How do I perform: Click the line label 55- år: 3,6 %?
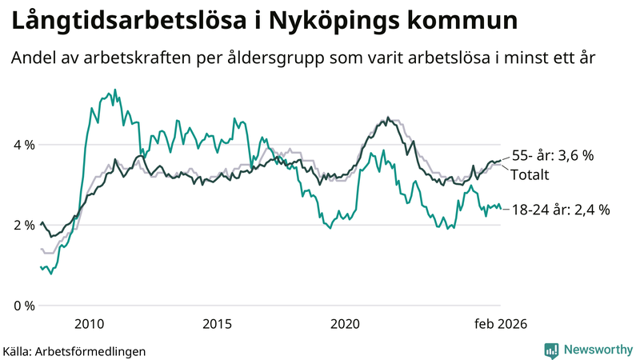click(x=552, y=156)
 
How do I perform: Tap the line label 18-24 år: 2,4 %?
click(x=561, y=210)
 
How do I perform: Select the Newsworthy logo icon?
click(x=551, y=350)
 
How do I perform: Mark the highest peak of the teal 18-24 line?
click(x=114, y=90)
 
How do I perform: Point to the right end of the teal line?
click(x=501, y=209)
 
